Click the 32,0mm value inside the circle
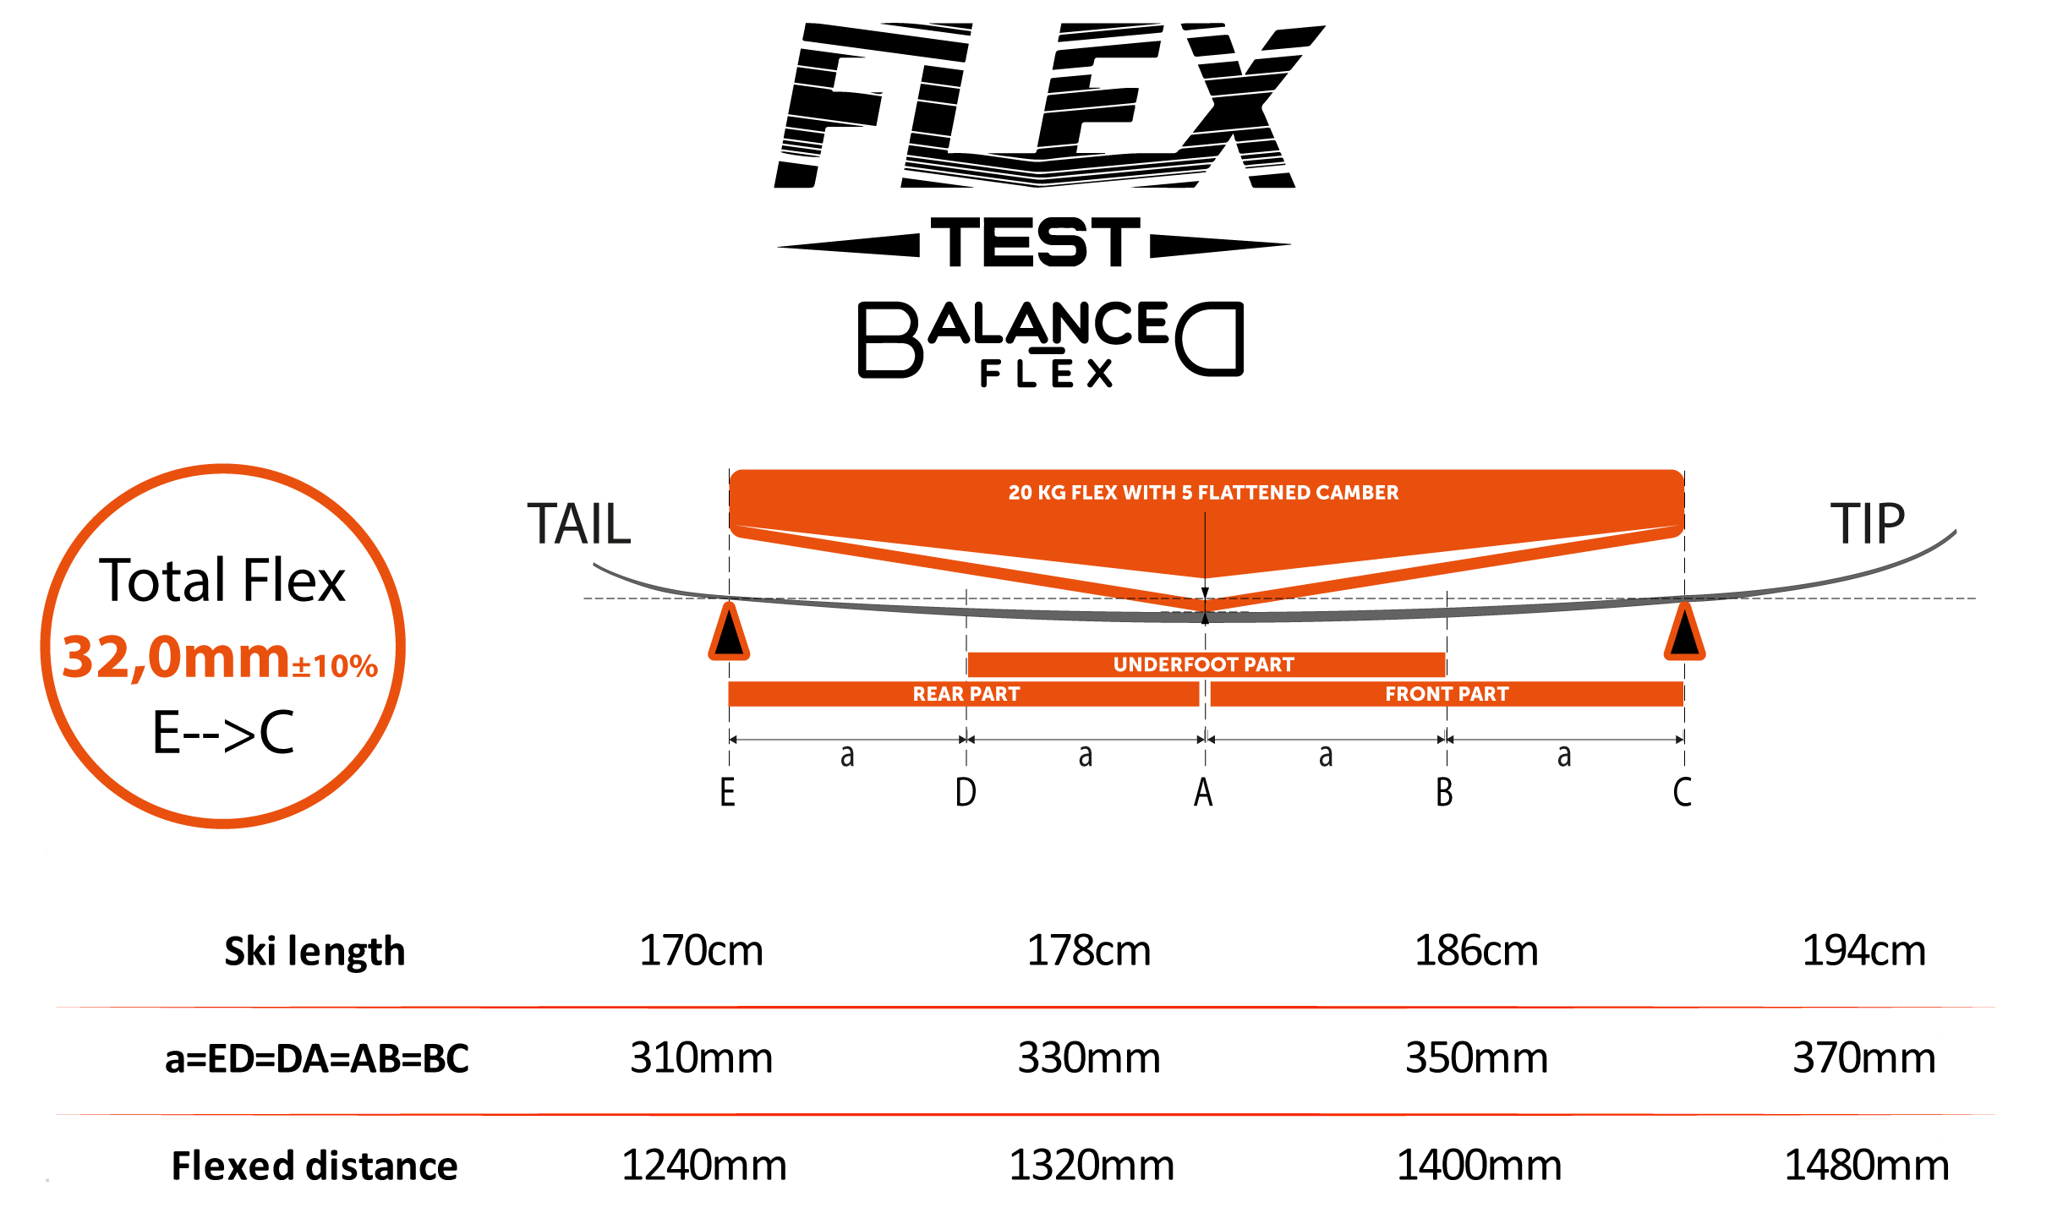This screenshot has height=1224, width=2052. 176,658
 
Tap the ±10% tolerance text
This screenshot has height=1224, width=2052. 335,666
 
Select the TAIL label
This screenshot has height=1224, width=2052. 578,524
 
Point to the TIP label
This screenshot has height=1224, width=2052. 1867,524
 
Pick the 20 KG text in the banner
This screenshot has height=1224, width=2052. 1037,493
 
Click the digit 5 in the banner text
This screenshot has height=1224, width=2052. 1187,493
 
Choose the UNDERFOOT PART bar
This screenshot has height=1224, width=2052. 1206,664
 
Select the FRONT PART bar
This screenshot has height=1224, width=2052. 1446,694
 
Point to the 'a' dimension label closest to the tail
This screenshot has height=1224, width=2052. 847,756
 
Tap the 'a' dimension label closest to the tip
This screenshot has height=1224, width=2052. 1564,756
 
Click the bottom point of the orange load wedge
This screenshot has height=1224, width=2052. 1205,605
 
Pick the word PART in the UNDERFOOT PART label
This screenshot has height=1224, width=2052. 1268,664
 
